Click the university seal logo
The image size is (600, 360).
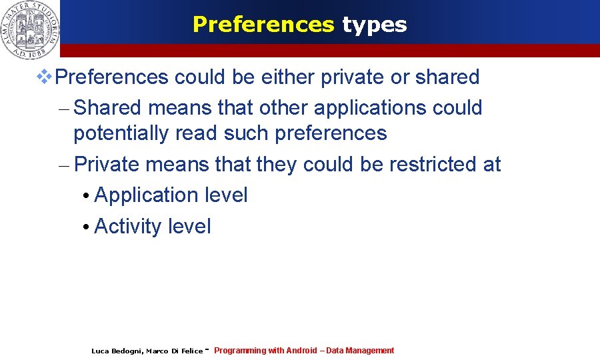coord(30,28)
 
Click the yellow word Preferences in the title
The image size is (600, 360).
coord(263,25)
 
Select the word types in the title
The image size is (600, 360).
coord(374,25)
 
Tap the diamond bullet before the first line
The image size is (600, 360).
coord(44,77)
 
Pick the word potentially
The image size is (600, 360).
coord(121,133)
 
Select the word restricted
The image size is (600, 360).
coord(434,164)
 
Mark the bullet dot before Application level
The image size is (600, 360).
coord(86,197)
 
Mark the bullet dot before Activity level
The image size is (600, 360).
coord(86,228)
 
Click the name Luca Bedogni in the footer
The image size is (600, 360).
coord(116,351)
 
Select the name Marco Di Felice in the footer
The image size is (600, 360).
coord(174,351)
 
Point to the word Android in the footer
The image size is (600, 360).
coord(301,351)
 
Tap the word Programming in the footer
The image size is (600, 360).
coord(240,351)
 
